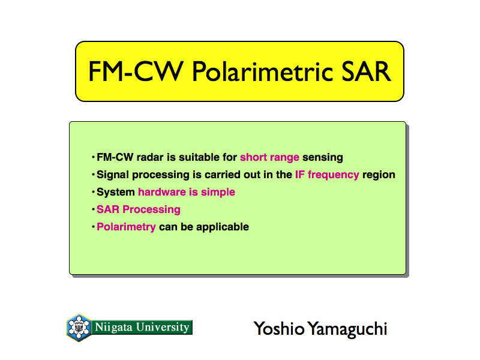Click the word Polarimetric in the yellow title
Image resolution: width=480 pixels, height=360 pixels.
(x=262, y=71)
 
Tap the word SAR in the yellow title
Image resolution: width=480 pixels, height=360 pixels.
(x=366, y=71)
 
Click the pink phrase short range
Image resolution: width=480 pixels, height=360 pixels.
(x=269, y=157)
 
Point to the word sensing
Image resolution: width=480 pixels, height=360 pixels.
(x=323, y=158)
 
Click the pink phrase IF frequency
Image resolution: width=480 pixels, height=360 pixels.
(x=327, y=175)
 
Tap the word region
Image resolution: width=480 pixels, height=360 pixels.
(x=379, y=175)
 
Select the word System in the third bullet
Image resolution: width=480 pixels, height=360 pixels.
(x=116, y=192)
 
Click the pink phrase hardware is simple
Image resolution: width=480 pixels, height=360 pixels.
(x=187, y=192)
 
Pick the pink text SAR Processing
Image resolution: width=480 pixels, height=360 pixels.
(x=139, y=209)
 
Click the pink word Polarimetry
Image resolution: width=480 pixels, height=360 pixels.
(x=126, y=227)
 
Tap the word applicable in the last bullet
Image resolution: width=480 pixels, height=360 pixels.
(x=223, y=227)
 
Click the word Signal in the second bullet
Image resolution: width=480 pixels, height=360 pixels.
(x=112, y=175)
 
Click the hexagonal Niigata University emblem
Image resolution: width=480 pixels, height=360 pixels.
(x=79, y=328)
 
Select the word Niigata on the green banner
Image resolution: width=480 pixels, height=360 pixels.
(x=113, y=327)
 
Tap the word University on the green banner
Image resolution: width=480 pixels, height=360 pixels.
(x=163, y=327)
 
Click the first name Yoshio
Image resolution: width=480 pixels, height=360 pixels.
(x=279, y=328)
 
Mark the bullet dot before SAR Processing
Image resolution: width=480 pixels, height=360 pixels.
(x=93, y=209)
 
